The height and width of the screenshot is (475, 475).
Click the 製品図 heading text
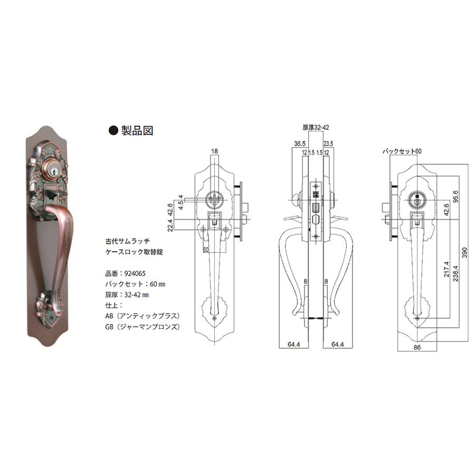[x=137, y=130]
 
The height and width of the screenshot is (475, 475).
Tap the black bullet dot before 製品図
[x=113, y=130]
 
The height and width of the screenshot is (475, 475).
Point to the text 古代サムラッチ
[x=128, y=241]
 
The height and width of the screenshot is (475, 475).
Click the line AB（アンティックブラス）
[x=142, y=316]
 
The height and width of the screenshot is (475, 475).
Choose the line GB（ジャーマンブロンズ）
[x=142, y=327]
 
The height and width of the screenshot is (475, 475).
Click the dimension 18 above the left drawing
[x=214, y=151]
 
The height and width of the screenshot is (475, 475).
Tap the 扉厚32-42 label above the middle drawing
[x=316, y=128]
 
